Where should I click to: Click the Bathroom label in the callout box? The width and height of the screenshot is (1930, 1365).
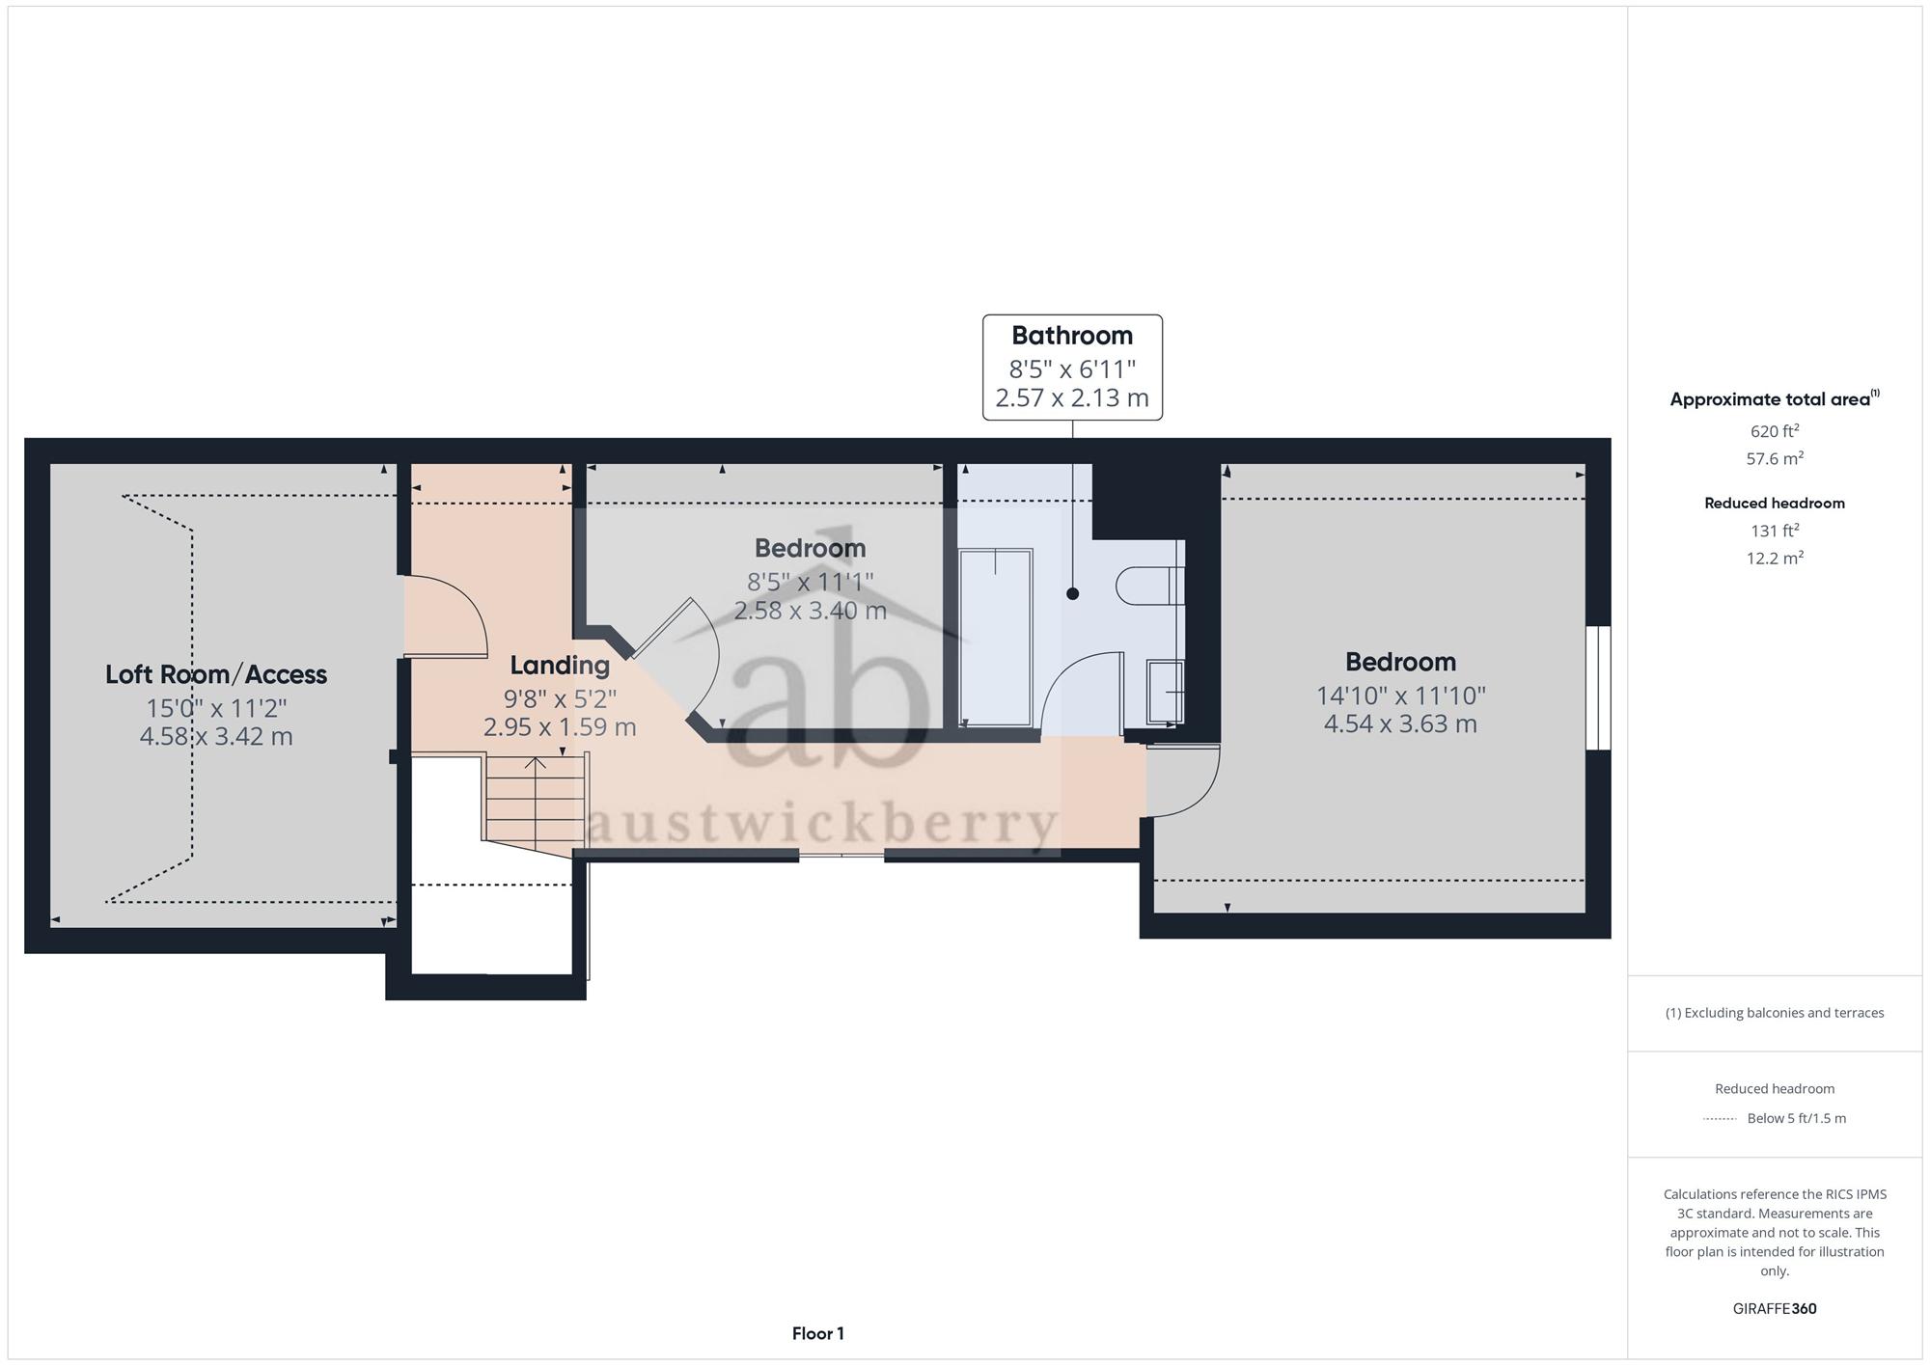(x=1072, y=336)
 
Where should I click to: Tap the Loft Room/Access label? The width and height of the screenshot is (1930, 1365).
(x=216, y=674)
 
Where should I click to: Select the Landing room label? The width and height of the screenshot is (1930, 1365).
(x=560, y=666)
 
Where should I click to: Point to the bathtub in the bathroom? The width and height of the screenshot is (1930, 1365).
(x=996, y=638)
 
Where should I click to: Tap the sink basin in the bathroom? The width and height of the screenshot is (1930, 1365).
(x=1165, y=692)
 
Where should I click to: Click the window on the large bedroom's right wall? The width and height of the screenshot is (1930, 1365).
(x=1598, y=688)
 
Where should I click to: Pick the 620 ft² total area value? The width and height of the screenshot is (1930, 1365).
(x=1775, y=431)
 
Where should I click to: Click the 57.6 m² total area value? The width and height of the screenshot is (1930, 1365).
(x=1775, y=458)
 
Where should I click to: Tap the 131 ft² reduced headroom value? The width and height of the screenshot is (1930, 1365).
(x=1775, y=531)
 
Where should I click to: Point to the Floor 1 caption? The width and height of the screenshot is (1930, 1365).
(x=818, y=1333)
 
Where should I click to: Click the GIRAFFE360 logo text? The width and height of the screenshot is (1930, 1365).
(x=1775, y=1309)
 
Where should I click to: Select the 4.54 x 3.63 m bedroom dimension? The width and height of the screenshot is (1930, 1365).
(x=1400, y=723)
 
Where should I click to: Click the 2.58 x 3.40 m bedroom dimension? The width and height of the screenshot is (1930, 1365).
(x=811, y=611)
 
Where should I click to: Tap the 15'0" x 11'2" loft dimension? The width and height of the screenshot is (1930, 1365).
(x=216, y=708)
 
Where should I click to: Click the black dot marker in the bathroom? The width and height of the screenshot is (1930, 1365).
(x=1072, y=594)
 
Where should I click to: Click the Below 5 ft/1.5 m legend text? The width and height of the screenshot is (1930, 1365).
(x=1797, y=1119)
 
